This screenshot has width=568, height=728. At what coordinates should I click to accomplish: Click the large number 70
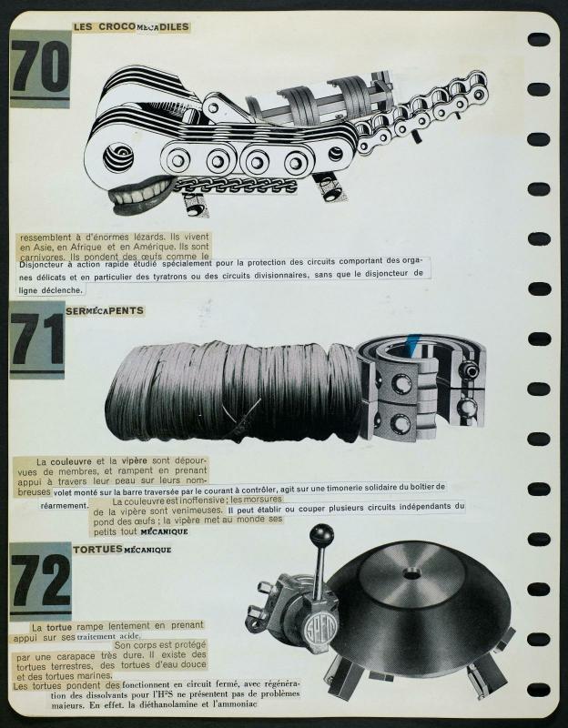tap(40, 66)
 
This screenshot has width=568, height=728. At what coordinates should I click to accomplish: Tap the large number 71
tap(37, 339)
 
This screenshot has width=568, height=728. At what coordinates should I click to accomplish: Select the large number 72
tap(40, 580)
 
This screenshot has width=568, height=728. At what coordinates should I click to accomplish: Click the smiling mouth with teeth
tap(140, 194)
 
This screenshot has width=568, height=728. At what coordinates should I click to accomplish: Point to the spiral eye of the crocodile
tap(118, 157)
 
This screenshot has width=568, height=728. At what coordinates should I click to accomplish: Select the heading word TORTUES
tap(97, 550)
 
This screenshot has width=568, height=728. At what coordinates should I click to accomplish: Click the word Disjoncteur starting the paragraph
tap(40, 264)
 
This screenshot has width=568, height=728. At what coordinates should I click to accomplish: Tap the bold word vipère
tap(134, 461)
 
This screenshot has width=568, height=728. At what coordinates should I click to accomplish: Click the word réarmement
tap(64, 506)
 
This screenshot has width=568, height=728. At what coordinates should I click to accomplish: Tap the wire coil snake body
tap(232, 391)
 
